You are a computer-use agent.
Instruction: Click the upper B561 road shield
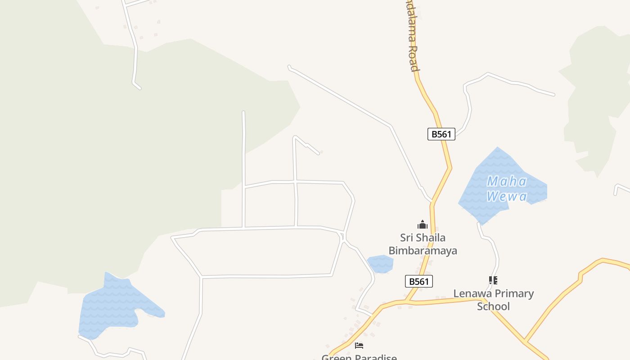441,134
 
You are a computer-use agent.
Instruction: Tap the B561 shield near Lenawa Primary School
419,282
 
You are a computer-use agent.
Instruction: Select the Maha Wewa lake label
507,189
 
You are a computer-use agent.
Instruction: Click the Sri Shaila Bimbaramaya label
423,244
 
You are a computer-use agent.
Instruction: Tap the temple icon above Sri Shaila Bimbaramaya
422,225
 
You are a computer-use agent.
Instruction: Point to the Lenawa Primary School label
493,300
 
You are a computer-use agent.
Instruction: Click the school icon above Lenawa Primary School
493,280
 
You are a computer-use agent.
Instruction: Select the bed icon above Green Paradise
359,346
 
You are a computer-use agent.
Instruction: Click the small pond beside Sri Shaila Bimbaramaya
380,264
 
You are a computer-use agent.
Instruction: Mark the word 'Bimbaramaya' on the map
423,251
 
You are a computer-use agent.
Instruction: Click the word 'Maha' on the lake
507,182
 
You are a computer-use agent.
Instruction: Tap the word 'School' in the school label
493,306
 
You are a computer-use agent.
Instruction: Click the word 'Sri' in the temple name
407,238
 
